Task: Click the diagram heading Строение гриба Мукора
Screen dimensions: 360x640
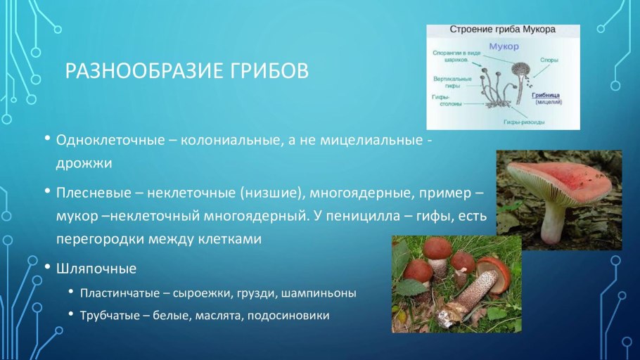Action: tap(503, 30)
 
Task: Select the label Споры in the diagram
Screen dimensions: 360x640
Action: tap(549, 60)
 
